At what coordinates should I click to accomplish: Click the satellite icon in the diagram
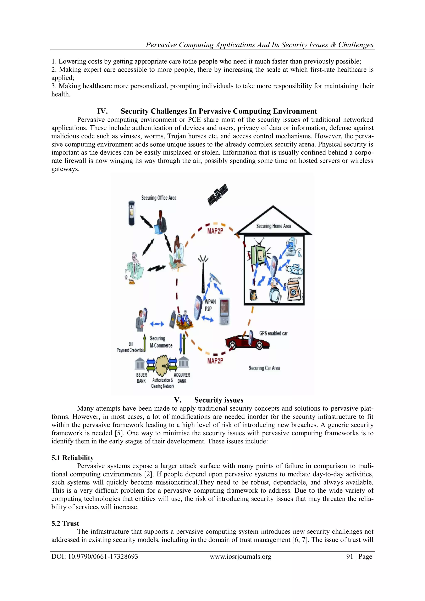click(217, 195)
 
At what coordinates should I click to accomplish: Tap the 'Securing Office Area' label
click(159, 198)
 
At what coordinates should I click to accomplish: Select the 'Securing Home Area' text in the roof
click(274, 226)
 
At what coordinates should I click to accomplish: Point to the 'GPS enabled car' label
click(273, 333)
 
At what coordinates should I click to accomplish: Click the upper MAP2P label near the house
click(215, 231)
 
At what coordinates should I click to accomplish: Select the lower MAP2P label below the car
click(215, 361)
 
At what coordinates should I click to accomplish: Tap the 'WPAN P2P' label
click(210, 305)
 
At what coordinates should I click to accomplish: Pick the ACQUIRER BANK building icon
click(184, 363)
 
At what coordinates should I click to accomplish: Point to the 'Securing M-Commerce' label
click(161, 342)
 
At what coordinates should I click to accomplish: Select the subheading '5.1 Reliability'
click(72, 458)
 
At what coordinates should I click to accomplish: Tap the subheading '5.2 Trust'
click(65, 523)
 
